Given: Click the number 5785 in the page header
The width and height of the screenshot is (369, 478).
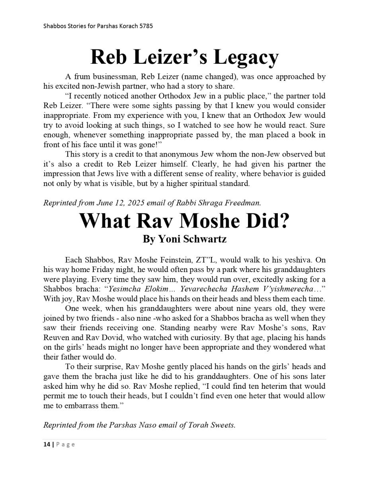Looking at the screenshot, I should click(146, 26).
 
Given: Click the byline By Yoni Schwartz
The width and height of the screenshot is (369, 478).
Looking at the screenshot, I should click(185, 239).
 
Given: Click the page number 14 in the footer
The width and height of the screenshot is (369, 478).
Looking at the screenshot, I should click(47, 445).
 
